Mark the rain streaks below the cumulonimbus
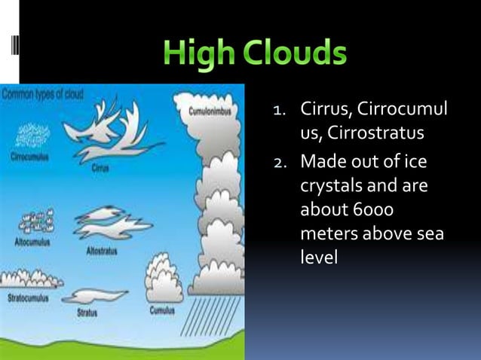click(x=219, y=316)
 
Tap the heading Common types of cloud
click(x=43, y=95)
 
